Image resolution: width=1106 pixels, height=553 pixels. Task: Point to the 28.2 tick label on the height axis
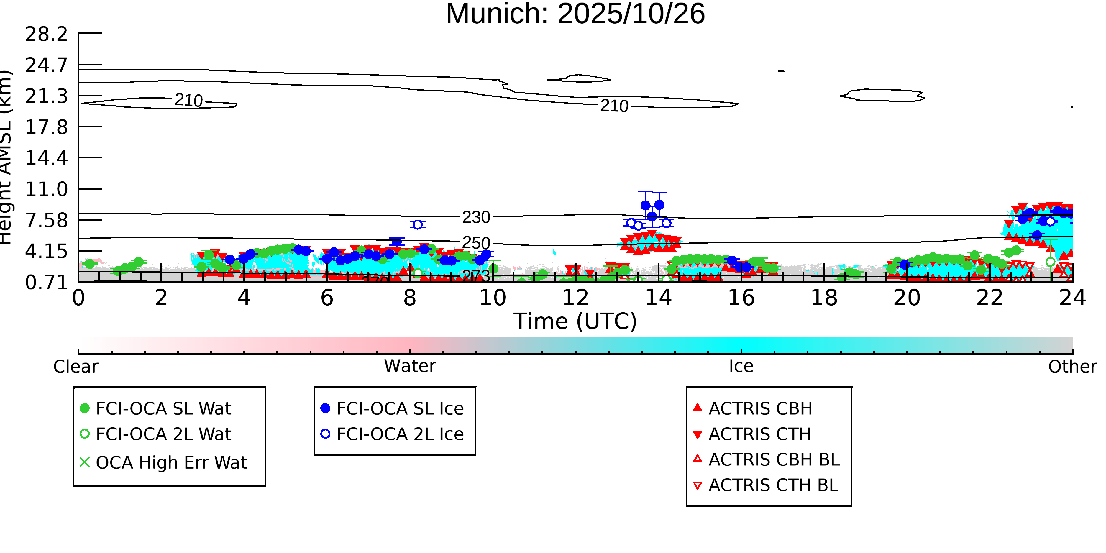pyautogui.click(x=46, y=34)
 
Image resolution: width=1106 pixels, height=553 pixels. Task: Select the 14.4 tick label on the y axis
pyautogui.click(x=46, y=158)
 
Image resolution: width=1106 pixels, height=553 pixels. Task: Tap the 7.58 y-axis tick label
pyautogui.click(x=46, y=220)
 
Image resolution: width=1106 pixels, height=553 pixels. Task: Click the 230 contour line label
pyautogui.click(x=476, y=217)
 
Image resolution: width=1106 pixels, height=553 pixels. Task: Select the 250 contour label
pyautogui.click(x=476, y=243)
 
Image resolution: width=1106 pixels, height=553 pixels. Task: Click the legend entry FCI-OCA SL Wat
pyautogui.click(x=163, y=408)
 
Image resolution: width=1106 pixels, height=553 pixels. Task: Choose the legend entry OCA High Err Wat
pyautogui.click(x=171, y=462)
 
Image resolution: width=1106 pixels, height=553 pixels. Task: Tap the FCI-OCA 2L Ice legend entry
pyautogui.click(x=400, y=434)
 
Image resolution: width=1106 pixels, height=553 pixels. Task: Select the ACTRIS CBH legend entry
pyautogui.click(x=760, y=408)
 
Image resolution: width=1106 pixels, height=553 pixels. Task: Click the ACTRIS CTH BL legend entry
pyautogui.click(x=773, y=485)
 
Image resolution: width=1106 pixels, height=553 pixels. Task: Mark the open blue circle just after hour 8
pyautogui.click(x=417, y=224)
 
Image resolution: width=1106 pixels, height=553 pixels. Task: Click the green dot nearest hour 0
pyautogui.click(x=89, y=264)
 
